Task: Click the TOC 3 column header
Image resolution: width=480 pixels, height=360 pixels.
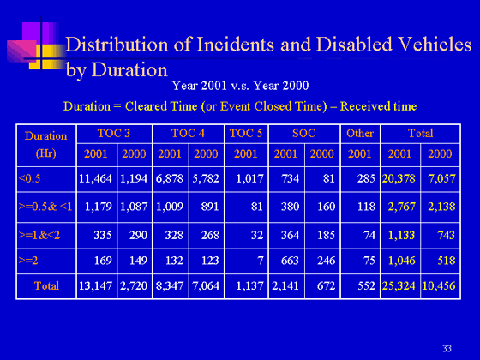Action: click(114, 134)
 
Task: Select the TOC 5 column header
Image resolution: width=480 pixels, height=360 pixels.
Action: click(246, 134)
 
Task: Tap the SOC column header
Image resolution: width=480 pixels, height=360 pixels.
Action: click(303, 134)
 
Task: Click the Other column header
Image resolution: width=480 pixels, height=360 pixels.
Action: click(360, 134)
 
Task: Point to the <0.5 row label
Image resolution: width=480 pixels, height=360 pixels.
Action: click(29, 178)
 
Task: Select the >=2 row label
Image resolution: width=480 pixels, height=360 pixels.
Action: click(28, 261)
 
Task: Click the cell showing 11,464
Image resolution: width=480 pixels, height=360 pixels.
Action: click(95, 178)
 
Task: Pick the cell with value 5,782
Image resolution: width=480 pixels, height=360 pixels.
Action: click(206, 178)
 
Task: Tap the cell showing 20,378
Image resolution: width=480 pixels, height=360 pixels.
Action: click(399, 178)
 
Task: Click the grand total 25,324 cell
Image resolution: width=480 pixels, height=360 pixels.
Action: click(399, 286)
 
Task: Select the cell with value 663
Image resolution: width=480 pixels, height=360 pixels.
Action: click(290, 261)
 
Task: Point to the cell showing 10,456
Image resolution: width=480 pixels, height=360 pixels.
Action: click(439, 286)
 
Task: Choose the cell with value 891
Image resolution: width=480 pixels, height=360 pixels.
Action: click(210, 207)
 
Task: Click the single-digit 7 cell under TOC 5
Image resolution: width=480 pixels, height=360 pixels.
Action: click(261, 261)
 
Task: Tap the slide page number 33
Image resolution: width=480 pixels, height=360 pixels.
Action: click(447, 348)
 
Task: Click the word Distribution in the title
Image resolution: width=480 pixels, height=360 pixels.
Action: click(117, 45)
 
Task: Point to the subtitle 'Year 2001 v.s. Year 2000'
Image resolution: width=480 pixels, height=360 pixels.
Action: click(240, 86)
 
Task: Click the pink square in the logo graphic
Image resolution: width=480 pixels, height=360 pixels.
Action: click(22, 51)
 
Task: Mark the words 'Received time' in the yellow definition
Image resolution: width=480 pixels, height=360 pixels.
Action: click(378, 106)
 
